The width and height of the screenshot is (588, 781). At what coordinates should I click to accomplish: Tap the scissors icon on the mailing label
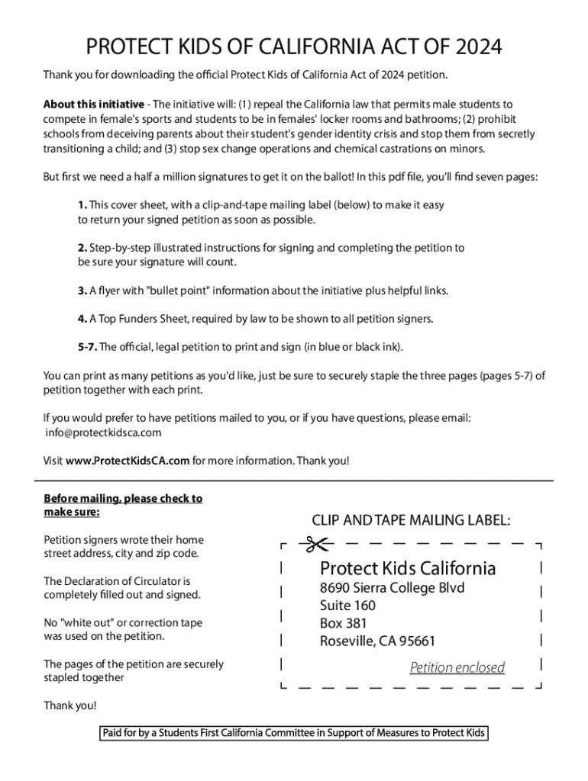pyautogui.click(x=314, y=545)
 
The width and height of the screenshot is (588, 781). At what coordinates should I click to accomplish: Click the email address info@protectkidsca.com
pyautogui.click(x=104, y=432)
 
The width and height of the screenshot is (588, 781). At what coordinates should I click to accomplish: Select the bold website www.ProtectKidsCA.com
pyautogui.click(x=127, y=461)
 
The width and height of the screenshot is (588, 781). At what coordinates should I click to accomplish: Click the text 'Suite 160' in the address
pyautogui.click(x=347, y=606)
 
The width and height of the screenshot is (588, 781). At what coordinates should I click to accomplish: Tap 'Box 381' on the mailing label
pyautogui.click(x=344, y=623)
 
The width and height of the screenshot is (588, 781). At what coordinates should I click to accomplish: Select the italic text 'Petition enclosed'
pyautogui.click(x=457, y=668)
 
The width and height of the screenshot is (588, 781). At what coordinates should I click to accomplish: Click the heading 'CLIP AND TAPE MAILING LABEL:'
pyautogui.click(x=411, y=520)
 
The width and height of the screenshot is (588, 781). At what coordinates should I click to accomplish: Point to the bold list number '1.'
pyautogui.click(x=82, y=205)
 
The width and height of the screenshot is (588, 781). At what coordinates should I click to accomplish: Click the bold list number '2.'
pyautogui.click(x=82, y=248)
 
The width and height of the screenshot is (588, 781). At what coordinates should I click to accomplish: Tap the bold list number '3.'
pyautogui.click(x=82, y=291)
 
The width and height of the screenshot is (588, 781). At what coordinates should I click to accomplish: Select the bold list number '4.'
pyautogui.click(x=82, y=319)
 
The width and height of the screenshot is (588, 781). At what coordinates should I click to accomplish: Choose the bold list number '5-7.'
pyautogui.click(x=86, y=347)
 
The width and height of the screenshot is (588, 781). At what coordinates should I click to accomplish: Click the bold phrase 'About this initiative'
pyautogui.click(x=93, y=104)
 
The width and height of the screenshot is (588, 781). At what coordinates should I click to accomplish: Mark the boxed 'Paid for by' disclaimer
pyautogui.click(x=294, y=734)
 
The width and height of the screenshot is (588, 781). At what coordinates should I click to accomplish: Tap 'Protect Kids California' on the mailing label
pyautogui.click(x=408, y=568)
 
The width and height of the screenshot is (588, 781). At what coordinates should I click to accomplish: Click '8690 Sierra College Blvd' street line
pyautogui.click(x=392, y=588)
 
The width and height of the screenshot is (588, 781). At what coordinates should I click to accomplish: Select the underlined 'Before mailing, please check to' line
pyautogui.click(x=123, y=498)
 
